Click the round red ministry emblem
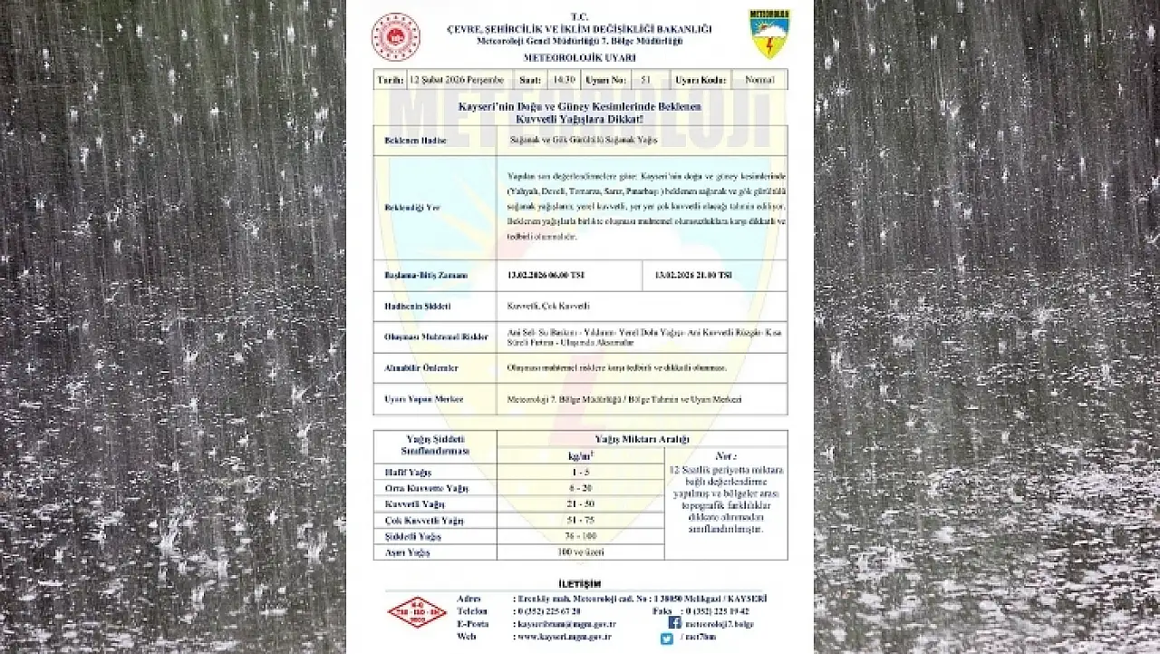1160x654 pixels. point(396,36)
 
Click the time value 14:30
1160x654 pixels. point(564,80)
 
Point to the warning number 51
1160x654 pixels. point(645,80)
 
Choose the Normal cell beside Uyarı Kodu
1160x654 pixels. point(759,80)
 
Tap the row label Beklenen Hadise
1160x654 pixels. point(403,141)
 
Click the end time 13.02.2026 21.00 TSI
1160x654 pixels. point(693,275)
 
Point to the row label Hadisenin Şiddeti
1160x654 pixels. point(406,307)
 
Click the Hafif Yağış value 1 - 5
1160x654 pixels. point(580,472)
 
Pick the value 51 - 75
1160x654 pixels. point(580,520)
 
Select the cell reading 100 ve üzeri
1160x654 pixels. point(580,552)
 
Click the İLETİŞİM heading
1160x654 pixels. point(579,584)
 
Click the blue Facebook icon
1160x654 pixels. point(674,623)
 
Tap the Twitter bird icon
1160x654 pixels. point(666,639)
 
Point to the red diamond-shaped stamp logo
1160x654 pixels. point(417,612)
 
